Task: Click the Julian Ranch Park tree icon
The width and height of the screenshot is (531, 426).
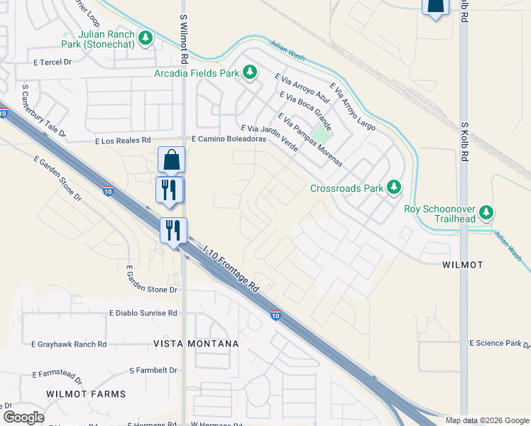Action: click(x=146, y=37)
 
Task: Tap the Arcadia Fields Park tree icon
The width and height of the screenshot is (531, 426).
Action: click(x=250, y=72)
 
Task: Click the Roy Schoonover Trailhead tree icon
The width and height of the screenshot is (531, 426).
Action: click(x=486, y=212)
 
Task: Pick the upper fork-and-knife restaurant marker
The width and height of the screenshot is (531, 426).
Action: click(x=170, y=190)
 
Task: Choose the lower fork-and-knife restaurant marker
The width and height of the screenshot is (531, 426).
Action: click(x=173, y=230)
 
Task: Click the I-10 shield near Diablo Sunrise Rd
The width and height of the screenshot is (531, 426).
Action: click(x=275, y=315)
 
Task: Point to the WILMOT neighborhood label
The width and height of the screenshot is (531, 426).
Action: click(x=462, y=265)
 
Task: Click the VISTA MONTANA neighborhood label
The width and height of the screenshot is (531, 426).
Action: click(x=196, y=344)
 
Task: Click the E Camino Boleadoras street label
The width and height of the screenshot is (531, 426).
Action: click(x=229, y=140)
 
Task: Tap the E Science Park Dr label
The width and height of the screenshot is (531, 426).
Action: click(x=500, y=344)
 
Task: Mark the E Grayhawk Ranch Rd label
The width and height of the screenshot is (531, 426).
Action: click(x=69, y=344)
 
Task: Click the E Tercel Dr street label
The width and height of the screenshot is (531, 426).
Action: click(x=54, y=62)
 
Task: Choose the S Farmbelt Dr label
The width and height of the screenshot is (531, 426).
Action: click(x=153, y=371)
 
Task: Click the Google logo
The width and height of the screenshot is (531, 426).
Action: click(x=23, y=417)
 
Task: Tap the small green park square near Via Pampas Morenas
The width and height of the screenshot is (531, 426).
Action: click(x=322, y=133)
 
